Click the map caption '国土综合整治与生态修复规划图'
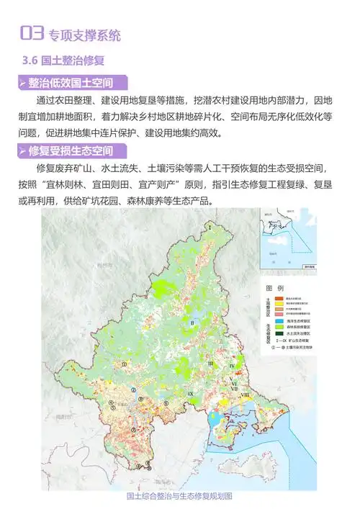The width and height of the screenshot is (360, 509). point(179,497)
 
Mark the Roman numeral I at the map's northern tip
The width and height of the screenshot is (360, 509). point(210,228)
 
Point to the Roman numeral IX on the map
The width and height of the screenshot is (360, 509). point(189,395)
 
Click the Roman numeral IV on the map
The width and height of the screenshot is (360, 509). point(232,366)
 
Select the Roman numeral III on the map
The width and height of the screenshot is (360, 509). point(210,365)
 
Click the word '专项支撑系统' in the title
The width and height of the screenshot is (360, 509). point(85,34)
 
